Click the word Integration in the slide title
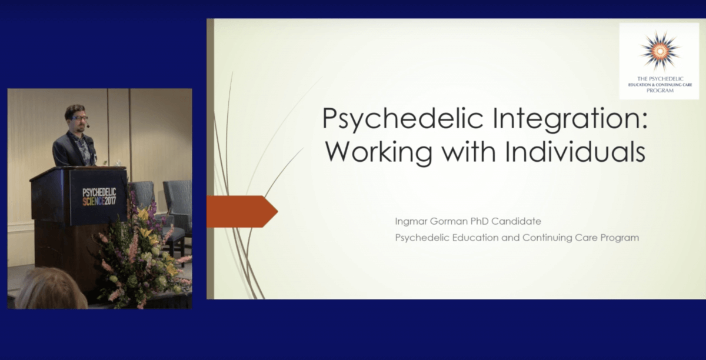(570, 119)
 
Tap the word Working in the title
(378, 152)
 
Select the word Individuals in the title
(575, 151)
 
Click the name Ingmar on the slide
(411, 222)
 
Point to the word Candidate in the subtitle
(517, 221)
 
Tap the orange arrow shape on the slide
(242, 212)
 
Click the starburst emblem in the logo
(660, 51)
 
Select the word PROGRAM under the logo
(660, 91)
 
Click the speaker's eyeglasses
(79, 118)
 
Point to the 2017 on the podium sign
(110, 201)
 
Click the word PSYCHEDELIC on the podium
(99, 192)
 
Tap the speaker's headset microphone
(88, 126)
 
